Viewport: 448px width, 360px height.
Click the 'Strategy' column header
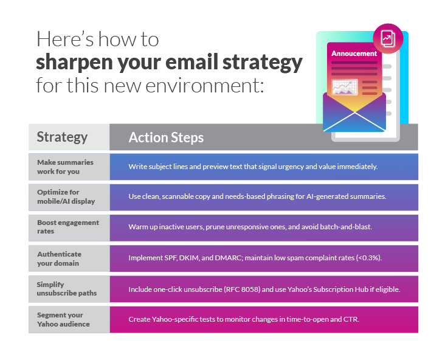pyautogui.click(x=62, y=137)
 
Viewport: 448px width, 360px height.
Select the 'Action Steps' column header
pyautogui.click(x=166, y=137)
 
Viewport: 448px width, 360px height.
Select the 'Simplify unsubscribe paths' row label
pyautogui.click(x=62, y=288)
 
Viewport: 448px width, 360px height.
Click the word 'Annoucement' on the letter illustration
pyautogui.click(x=354, y=54)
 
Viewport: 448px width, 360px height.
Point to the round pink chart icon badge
pyautogui.click(x=387, y=38)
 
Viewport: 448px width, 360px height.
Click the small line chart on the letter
pyautogui.click(x=345, y=88)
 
